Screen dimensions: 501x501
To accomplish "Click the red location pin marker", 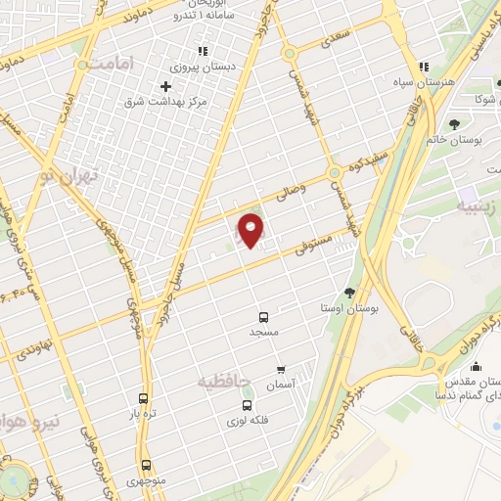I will pyautogui.click(x=250, y=230).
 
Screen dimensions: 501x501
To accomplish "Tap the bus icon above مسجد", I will pyautogui.click(x=263, y=317).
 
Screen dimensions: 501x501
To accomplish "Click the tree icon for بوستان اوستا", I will pyautogui.click(x=349, y=293).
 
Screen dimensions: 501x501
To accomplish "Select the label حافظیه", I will pyautogui.click(x=225, y=379).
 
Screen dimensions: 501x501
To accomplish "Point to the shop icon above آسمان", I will pyautogui.click(x=282, y=370).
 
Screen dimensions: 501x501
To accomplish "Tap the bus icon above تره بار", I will pyautogui.click(x=144, y=398).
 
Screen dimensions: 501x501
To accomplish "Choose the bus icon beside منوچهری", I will pyautogui.click(x=146, y=466).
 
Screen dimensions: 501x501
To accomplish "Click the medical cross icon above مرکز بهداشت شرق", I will pyautogui.click(x=164, y=85).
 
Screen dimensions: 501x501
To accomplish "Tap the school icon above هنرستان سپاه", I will pyautogui.click(x=422, y=67).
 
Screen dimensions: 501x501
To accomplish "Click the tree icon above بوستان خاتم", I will pyautogui.click(x=455, y=123).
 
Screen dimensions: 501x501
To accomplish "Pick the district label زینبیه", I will pyautogui.click(x=479, y=207).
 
